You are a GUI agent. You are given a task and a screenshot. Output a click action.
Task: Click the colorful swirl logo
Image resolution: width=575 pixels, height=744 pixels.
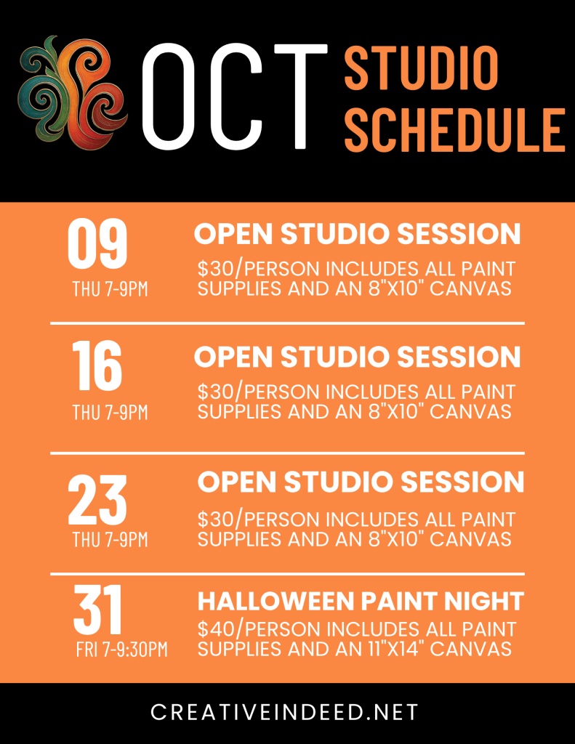72,92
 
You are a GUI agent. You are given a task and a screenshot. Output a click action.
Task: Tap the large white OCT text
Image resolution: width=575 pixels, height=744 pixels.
235,97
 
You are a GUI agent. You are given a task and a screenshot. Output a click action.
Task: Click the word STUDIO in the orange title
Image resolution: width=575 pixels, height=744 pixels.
421,68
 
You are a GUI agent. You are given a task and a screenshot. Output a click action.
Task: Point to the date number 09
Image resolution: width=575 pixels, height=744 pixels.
97,244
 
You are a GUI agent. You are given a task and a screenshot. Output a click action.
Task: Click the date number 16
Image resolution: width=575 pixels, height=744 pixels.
97,366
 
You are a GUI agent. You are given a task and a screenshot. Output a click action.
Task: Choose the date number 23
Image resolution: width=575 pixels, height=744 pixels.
97,500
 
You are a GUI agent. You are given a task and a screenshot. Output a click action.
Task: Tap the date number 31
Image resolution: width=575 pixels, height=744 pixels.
98,610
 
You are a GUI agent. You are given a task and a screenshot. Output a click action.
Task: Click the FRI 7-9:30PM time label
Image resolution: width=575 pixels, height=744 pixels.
122,649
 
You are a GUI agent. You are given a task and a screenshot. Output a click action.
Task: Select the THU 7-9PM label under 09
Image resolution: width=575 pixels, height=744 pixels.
110,288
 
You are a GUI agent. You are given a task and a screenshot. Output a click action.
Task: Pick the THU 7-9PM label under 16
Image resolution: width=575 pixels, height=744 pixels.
110,413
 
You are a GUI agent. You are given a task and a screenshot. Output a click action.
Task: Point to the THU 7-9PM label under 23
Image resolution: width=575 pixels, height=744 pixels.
110,540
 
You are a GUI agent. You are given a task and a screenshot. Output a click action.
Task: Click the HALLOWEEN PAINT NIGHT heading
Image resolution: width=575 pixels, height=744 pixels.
361,601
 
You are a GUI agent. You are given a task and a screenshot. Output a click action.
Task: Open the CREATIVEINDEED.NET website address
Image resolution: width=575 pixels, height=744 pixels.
284,712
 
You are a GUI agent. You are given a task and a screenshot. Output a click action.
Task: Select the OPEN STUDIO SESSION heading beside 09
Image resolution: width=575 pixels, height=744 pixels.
358,233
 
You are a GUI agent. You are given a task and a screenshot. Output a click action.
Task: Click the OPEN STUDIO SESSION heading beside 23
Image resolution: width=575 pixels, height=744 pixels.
361,482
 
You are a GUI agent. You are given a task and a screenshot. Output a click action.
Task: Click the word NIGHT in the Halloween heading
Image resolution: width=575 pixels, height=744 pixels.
484,601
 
